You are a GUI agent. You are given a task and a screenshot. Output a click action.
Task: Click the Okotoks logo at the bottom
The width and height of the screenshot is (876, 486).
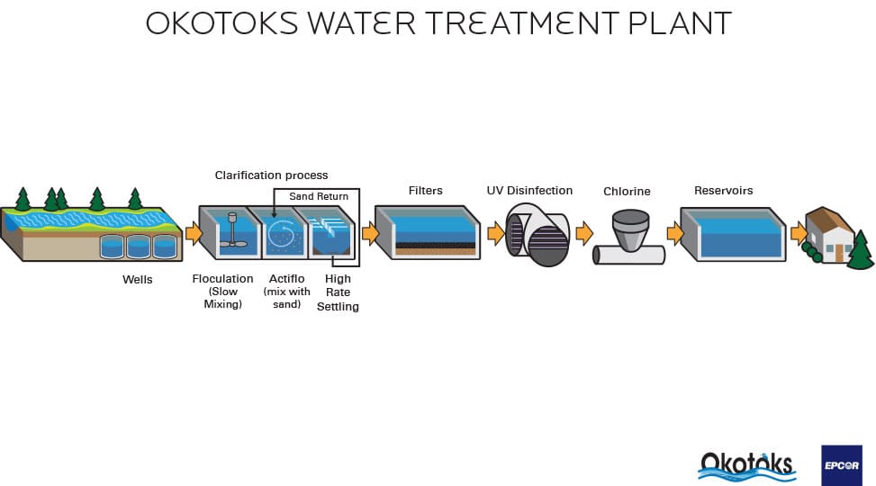[x=747, y=463]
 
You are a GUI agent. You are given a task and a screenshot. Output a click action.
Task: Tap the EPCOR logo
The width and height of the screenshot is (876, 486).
[x=841, y=465]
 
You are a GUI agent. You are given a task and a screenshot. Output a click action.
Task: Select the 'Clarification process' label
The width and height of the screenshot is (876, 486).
[x=271, y=175]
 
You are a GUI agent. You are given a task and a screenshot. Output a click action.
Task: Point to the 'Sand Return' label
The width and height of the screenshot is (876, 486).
[x=319, y=196]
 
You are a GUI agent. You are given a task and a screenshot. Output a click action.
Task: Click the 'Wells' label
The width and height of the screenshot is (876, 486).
[x=138, y=279]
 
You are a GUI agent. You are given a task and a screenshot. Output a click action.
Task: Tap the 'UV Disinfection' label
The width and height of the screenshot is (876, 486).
[x=529, y=190]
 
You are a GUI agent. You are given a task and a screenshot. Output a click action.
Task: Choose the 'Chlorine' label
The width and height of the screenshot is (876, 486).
[x=627, y=192]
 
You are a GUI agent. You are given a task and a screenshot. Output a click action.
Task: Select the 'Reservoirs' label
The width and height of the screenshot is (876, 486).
[x=723, y=191]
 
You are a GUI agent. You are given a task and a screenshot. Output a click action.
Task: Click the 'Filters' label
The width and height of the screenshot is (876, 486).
[x=426, y=190]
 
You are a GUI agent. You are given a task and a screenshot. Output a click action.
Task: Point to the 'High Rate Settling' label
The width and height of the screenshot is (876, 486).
[x=338, y=292]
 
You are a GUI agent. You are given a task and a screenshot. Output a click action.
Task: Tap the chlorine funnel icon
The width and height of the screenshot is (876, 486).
[x=629, y=232]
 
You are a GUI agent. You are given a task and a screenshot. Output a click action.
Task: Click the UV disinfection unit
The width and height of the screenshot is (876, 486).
[x=538, y=234]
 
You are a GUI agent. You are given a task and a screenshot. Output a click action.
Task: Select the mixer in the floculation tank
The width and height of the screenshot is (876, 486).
[x=232, y=229]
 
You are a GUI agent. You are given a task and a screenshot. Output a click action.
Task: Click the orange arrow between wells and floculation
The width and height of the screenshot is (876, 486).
[x=193, y=234]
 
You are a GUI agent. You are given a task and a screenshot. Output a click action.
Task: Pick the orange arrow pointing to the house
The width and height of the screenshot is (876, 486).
[x=799, y=234]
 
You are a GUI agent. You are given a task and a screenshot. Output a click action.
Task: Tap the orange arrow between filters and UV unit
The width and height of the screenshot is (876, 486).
[x=495, y=234]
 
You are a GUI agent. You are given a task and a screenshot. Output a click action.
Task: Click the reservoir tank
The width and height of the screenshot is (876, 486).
[x=731, y=233]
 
